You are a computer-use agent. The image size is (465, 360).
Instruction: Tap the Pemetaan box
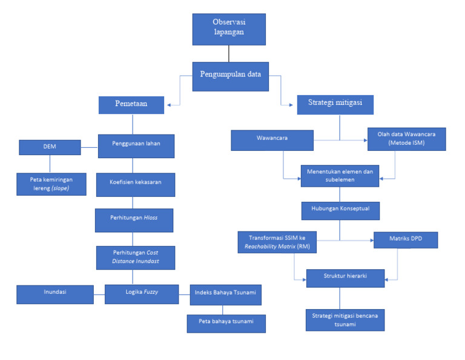(x=131, y=105)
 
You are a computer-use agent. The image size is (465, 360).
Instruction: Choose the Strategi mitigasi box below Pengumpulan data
(x=335, y=105)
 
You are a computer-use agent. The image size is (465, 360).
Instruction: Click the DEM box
(x=50, y=147)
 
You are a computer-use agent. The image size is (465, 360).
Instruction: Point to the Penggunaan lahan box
(x=136, y=145)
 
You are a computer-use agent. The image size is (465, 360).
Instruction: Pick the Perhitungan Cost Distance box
(x=136, y=258)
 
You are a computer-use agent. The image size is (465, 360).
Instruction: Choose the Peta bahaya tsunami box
(x=226, y=323)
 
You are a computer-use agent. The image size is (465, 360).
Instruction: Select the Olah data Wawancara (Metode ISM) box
(x=406, y=139)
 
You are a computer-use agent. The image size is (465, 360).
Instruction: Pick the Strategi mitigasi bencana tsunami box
(x=345, y=319)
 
